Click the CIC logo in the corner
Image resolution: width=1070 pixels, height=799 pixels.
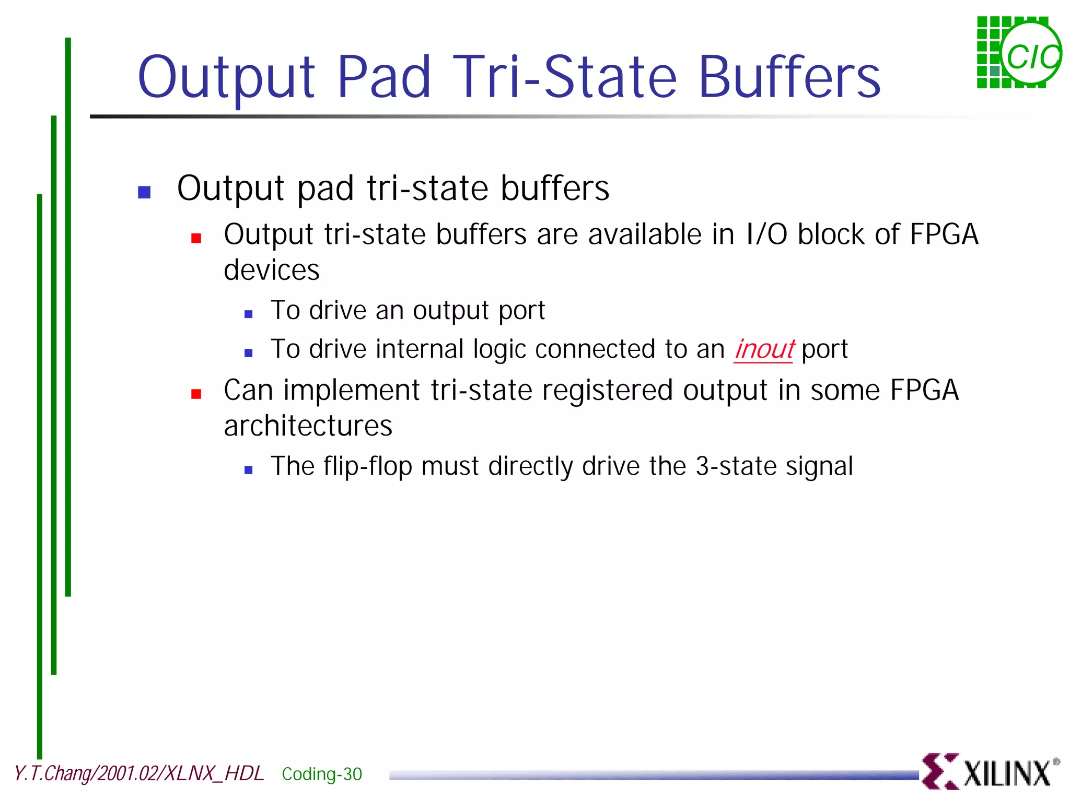pyautogui.click(x=1019, y=52)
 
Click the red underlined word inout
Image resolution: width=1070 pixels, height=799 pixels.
pyautogui.click(x=764, y=349)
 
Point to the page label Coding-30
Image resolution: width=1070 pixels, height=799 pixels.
pyautogui.click(x=322, y=774)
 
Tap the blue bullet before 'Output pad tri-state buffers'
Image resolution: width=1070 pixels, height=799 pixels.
pyautogui.click(x=144, y=192)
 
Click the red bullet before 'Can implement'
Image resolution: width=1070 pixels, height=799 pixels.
pyautogui.click(x=196, y=394)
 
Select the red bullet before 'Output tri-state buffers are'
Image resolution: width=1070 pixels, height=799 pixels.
pyautogui.click(x=196, y=239)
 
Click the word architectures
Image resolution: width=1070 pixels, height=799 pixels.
pyautogui.click(x=308, y=426)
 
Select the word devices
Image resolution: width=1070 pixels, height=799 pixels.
pyautogui.click(x=271, y=271)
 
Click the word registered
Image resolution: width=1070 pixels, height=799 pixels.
pyautogui.click(x=607, y=391)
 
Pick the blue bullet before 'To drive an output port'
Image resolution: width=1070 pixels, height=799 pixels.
pyautogui.click(x=249, y=314)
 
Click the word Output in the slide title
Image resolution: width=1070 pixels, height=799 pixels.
pyautogui.click(x=226, y=78)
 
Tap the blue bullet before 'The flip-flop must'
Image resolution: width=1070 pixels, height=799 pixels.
pyautogui.click(x=249, y=470)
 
